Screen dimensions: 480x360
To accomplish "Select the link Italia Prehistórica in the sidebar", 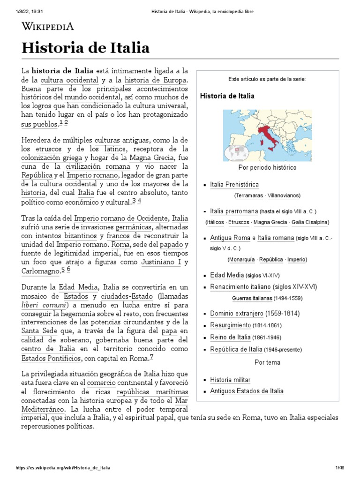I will click(x=234, y=185).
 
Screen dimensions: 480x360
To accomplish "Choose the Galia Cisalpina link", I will click(x=309, y=222).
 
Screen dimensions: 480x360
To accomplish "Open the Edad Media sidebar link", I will click(x=224, y=275).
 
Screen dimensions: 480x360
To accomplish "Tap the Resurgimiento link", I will click(x=230, y=325).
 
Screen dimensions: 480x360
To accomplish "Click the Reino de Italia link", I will click(x=230, y=337).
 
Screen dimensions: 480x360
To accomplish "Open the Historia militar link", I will click(x=230, y=380).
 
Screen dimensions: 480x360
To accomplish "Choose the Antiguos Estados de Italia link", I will click(x=247, y=391).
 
